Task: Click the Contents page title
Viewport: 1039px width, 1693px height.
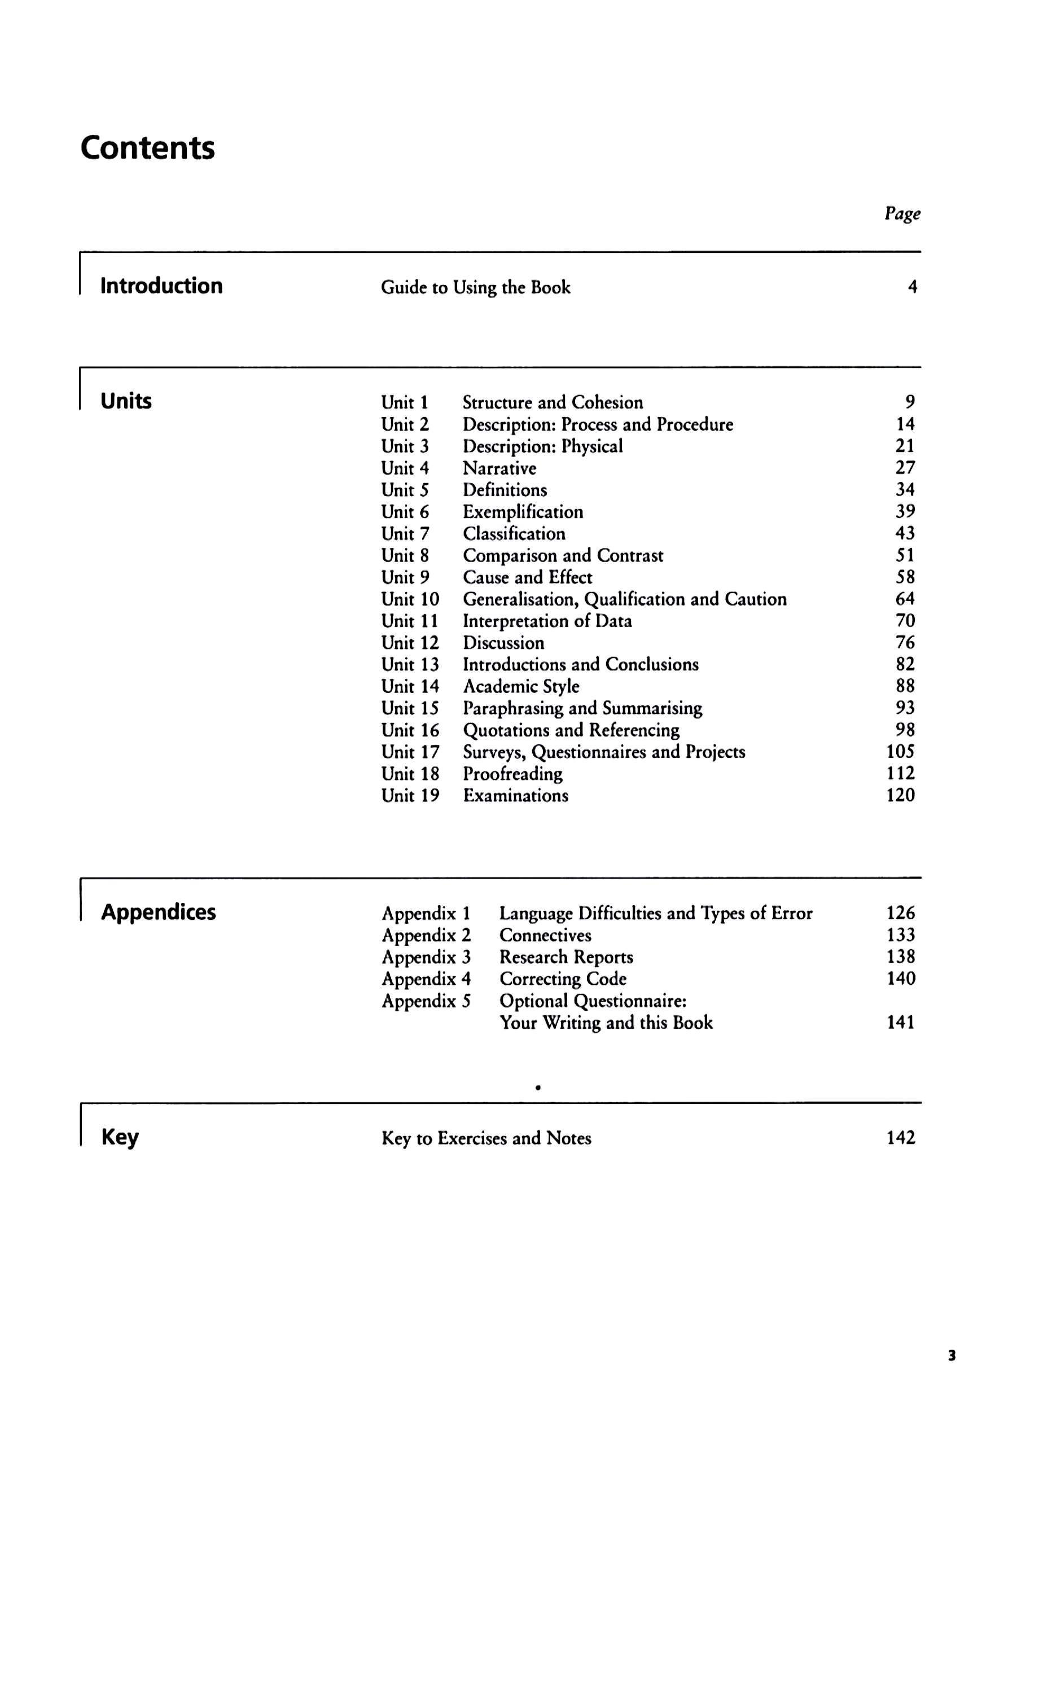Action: point(147,148)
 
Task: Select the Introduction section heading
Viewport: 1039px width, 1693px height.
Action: point(161,286)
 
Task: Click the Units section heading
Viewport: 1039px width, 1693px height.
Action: point(126,401)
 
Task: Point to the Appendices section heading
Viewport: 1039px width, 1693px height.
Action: point(158,912)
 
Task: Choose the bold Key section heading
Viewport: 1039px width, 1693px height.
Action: point(120,1137)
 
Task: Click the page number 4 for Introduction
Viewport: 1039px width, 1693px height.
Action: point(912,287)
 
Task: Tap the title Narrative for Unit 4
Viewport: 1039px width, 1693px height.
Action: point(499,468)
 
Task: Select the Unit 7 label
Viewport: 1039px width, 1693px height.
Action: point(405,533)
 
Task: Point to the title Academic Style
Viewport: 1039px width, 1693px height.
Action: point(521,686)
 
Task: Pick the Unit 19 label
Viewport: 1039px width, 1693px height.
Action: point(410,795)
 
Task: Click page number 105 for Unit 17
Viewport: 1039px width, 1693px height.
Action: point(900,751)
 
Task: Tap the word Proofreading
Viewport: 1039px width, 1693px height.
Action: point(512,773)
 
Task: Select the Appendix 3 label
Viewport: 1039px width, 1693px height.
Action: point(426,957)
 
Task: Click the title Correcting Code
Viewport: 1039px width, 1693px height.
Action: point(562,979)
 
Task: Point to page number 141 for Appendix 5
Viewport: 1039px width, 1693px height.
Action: point(900,1023)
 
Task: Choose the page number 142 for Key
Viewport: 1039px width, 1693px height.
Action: point(900,1137)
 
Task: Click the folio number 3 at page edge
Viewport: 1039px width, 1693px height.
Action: point(952,1356)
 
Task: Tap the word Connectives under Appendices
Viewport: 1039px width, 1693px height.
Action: point(545,935)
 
